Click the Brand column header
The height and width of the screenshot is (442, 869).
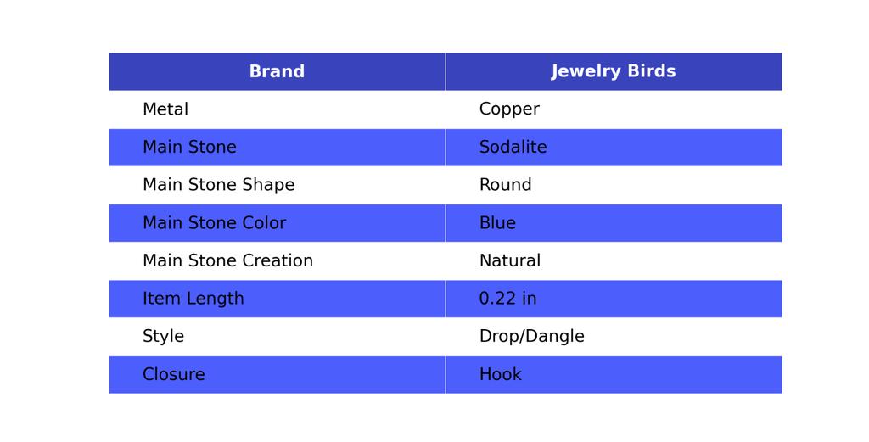[277, 72]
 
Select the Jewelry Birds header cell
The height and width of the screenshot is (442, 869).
[613, 72]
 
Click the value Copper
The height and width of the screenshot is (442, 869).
[509, 109]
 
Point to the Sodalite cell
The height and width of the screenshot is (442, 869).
[513, 148]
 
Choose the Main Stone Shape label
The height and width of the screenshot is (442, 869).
[218, 185]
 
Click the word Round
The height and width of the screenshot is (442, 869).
[505, 185]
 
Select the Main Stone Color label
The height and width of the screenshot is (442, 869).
[214, 223]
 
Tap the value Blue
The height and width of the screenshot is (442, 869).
[497, 223]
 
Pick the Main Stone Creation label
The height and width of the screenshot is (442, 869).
[227, 261]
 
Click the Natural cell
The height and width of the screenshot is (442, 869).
[509, 261]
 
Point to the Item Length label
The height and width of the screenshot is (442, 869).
[193, 299]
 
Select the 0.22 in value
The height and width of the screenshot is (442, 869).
[507, 299]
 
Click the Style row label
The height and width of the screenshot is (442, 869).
[163, 337]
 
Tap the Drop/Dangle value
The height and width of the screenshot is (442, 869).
[531, 337]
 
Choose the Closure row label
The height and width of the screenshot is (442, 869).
[173, 375]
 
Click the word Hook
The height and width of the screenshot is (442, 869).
[500, 375]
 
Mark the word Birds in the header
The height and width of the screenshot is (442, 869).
[651, 72]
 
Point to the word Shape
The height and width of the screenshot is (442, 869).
[269, 185]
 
